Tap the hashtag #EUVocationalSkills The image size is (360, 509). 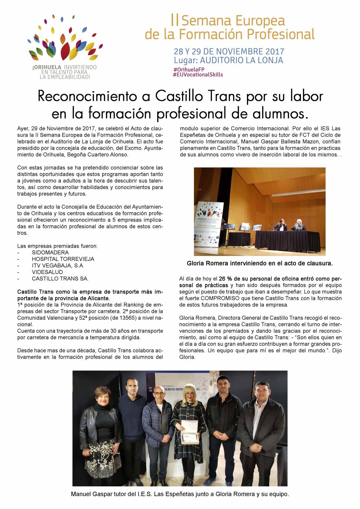tap(198, 75)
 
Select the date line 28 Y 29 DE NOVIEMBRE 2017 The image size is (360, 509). tap(229, 52)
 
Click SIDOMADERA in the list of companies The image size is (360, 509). tap(50, 252)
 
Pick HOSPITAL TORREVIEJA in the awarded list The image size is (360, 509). tap(63, 259)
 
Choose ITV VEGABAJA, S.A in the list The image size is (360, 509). tap(57, 265)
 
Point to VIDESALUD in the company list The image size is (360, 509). tap(47, 272)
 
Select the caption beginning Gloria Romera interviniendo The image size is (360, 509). tap(259, 263)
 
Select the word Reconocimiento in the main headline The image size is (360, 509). tap(89, 96)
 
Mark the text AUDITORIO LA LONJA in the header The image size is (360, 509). tap(241, 60)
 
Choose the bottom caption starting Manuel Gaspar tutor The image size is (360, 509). tap(180, 494)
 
